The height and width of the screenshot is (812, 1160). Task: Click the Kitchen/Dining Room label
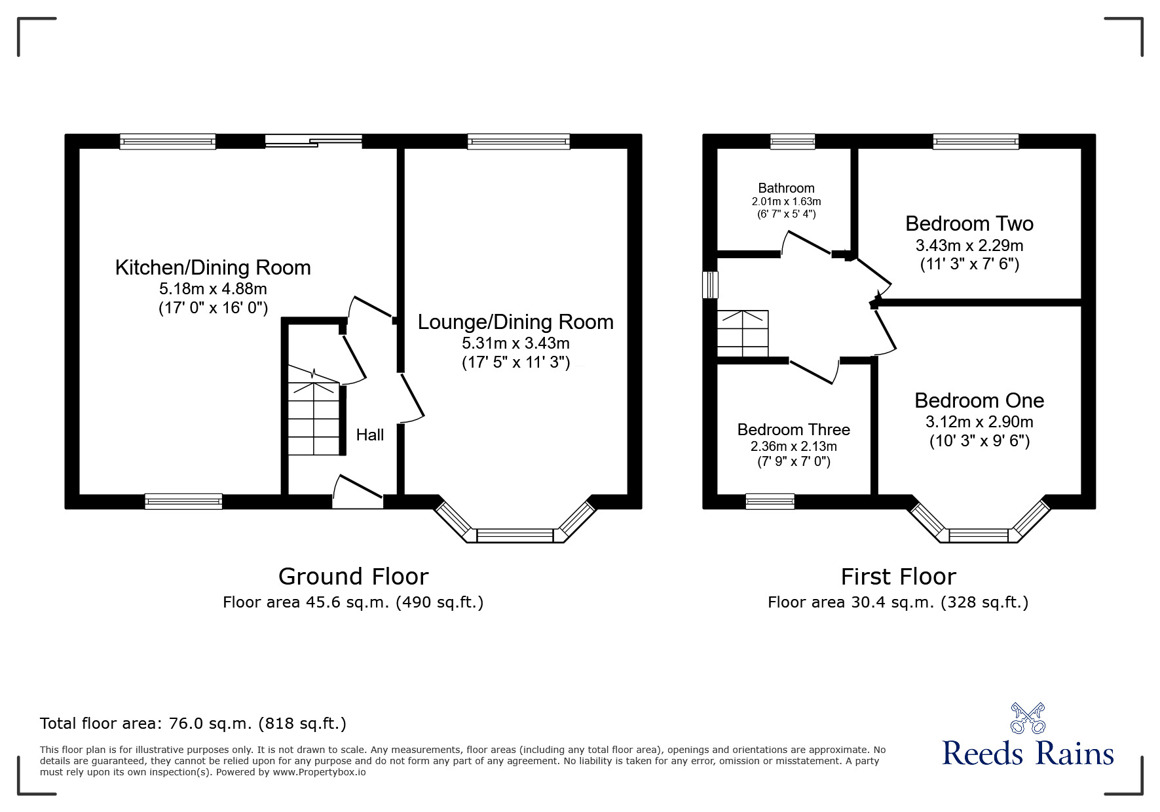(213, 267)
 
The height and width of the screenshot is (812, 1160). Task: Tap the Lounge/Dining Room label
(515, 322)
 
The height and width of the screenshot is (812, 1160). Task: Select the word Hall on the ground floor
(370, 435)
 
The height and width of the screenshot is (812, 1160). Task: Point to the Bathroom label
(786, 188)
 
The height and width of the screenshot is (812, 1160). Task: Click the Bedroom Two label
(969, 223)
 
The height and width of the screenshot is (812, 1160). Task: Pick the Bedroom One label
(979, 400)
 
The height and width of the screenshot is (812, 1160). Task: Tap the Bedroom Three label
(793, 429)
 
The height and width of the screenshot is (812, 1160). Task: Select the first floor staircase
(743, 334)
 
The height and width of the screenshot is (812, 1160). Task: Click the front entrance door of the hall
(358, 493)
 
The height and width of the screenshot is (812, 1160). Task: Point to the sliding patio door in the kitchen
(314, 140)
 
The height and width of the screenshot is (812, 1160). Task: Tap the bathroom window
(793, 141)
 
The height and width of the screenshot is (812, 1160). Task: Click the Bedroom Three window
(770, 502)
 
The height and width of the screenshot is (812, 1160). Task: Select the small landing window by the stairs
(711, 285)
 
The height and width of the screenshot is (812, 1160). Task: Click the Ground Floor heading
(354, 577)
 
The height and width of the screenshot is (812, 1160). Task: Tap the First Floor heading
(899, 577)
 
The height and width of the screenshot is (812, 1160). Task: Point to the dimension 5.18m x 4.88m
(213, 288)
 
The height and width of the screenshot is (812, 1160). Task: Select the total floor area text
(193, 724)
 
